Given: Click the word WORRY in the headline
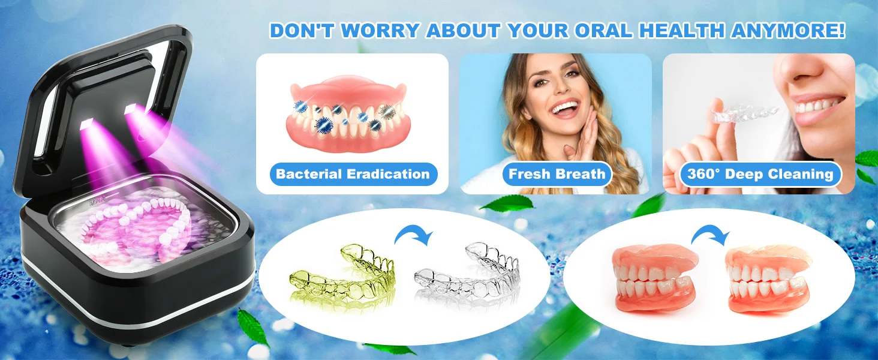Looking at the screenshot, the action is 380,31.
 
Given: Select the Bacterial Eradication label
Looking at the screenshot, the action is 353,174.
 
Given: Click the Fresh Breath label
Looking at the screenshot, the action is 557,174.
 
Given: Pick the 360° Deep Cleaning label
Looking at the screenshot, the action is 760,174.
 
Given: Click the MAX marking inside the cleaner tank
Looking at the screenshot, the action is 97,203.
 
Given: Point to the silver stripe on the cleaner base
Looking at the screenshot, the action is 133,302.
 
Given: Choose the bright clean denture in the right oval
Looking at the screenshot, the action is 766,279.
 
